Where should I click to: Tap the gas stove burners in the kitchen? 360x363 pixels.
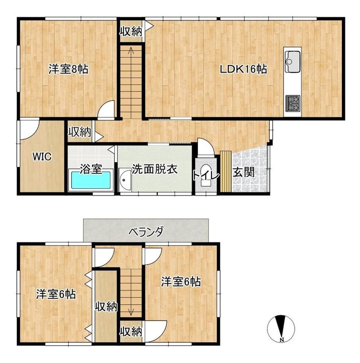[x=293, y=103]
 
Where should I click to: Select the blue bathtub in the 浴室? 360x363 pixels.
[x=91, y=180]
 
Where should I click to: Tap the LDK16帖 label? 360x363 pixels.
[x=243, y=69]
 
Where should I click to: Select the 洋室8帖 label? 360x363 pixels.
[x=68, y=69]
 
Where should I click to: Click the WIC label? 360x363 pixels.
[x=42, y=157]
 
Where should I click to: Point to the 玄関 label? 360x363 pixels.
[x=243, y=172]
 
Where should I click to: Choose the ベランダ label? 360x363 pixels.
[x=146, y=231]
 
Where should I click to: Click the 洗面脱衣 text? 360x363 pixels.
[x=154, y=169]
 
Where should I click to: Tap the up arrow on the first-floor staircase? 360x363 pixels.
[x=131, y=51]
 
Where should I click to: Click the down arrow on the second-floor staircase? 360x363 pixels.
[x=131, y=312]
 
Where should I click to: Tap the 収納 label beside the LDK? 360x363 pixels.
[x=131, y=31]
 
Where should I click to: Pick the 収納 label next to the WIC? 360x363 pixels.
[x=80, y=132]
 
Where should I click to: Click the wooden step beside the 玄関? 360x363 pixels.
[x=226, y=171]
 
